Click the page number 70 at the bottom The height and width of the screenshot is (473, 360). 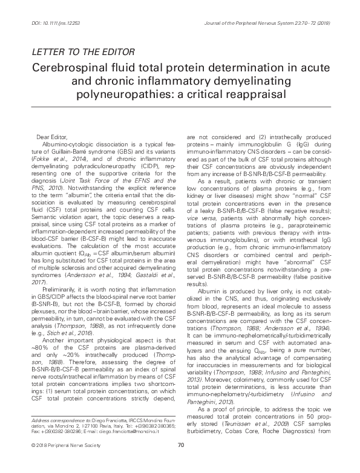click(180, 462)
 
